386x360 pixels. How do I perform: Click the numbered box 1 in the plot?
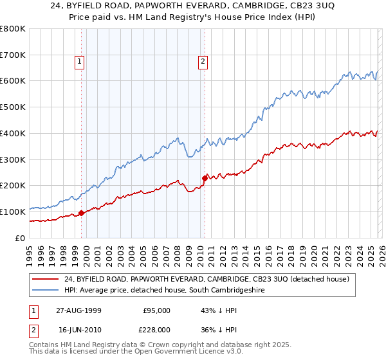tap(78, 62)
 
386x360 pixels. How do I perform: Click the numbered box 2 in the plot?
tap(203, 62)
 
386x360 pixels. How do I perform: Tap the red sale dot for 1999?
tap(82, 213)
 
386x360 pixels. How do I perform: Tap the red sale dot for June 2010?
tap(205, 177)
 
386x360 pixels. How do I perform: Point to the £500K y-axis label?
tap(13, 107)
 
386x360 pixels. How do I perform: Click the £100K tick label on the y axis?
tap(13, 212)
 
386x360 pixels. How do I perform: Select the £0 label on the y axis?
tap(20, 238)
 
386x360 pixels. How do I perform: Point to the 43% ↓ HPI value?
tap(210, 310)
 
